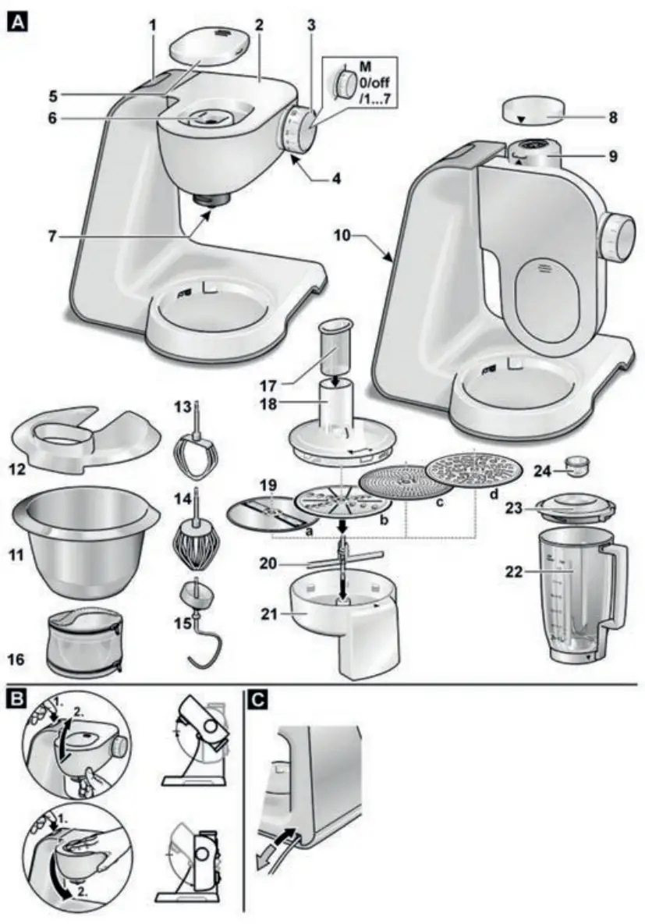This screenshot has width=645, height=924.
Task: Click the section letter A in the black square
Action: pos(18,23)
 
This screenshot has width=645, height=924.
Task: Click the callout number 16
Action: pos(18,659)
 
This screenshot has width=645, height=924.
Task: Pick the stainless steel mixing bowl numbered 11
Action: pos(86,546)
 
